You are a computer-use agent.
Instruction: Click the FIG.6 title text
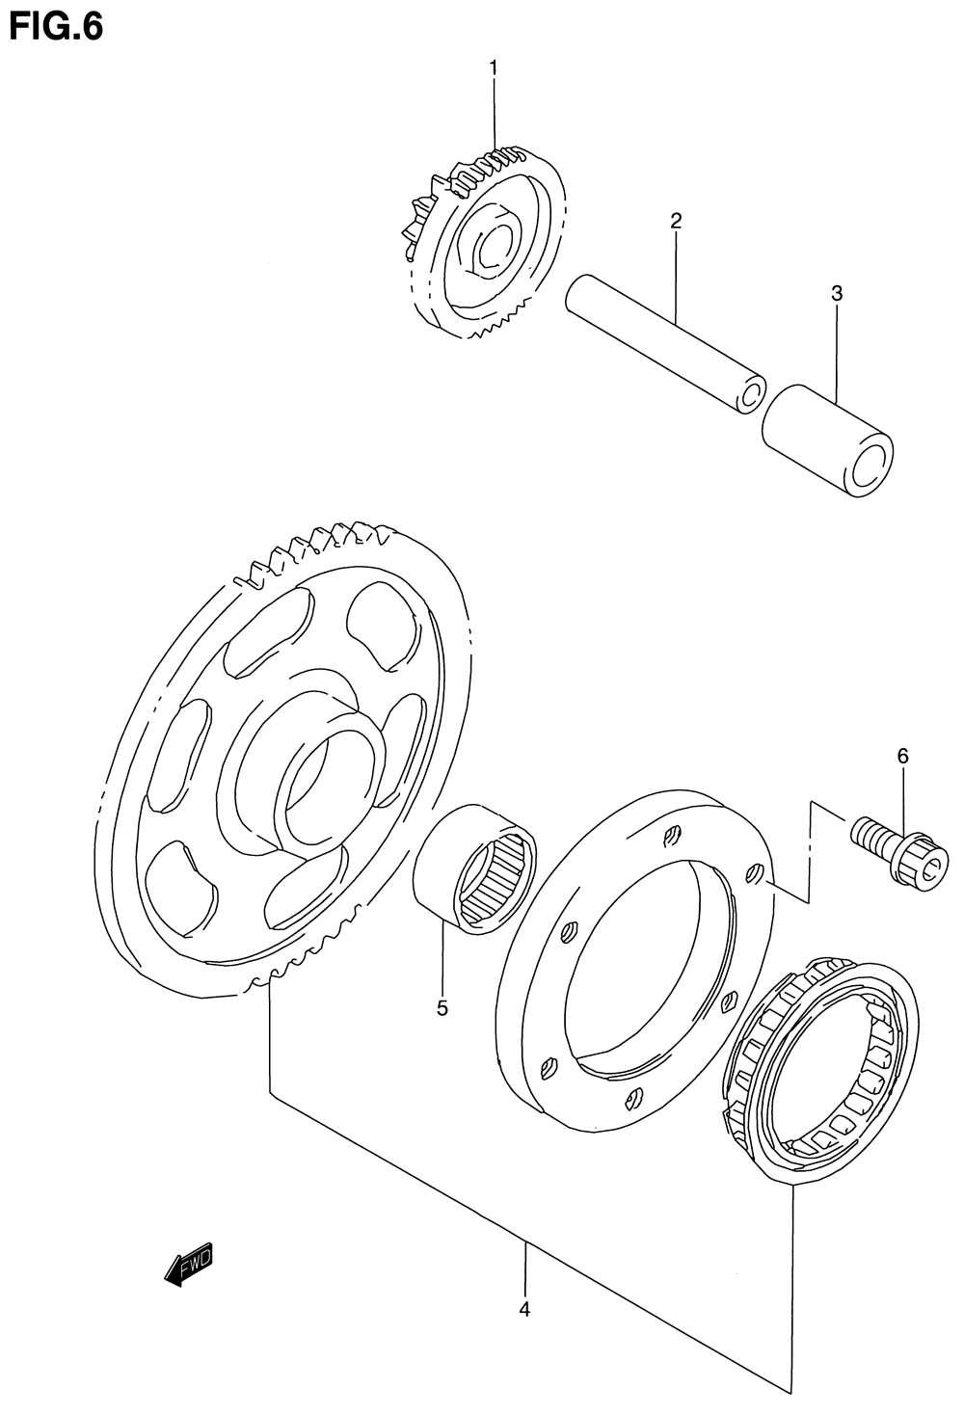pos(55,26)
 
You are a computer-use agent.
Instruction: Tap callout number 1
pos(494,67)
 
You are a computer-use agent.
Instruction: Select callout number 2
pos(676,221)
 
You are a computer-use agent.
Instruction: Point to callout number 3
pos(837,293)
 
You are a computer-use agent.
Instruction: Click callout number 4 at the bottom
pos(525,1309)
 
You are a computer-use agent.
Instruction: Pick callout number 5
pos(442,1008)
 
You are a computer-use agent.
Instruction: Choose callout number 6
pos(903,757)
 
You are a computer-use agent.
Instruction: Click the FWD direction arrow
pos(189,1265)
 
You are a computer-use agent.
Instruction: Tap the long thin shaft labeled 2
pos(665,342)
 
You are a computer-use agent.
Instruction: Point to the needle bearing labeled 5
pos(475,868)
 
